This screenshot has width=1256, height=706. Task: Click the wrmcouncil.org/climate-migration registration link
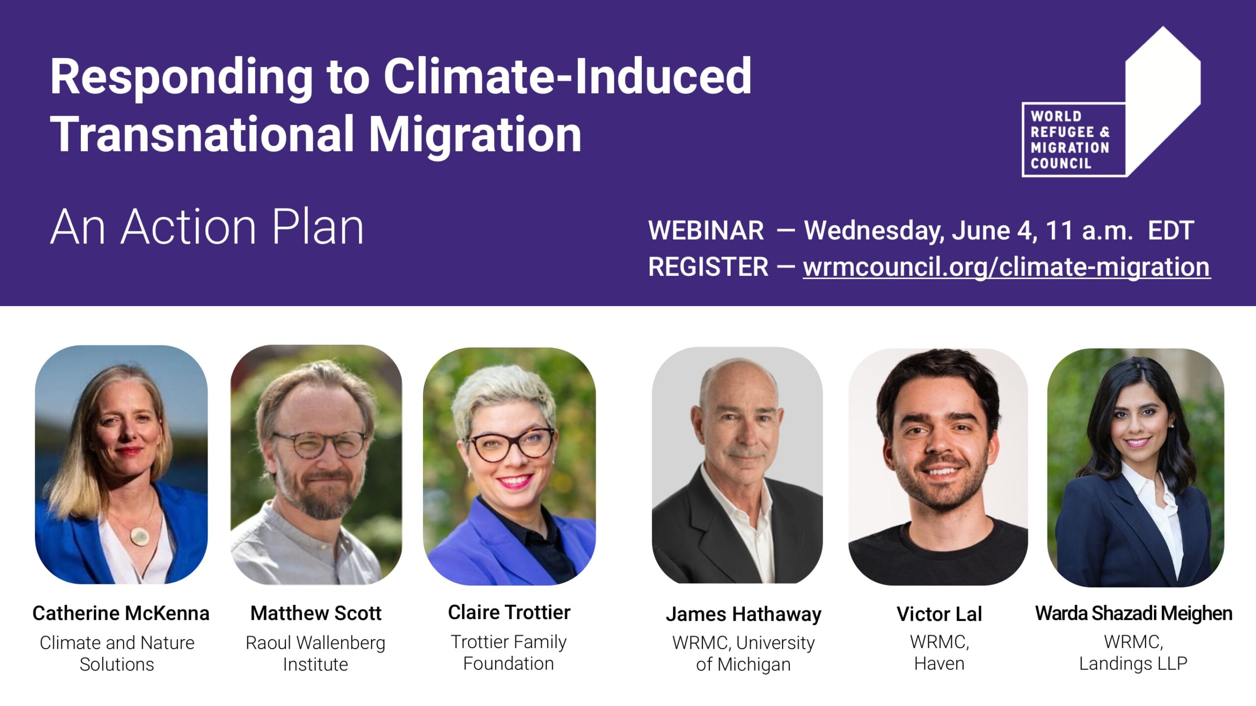pyautogui.click(x=1006, y=267)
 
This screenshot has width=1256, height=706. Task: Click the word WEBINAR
pyautogui.click(x=706, y=231)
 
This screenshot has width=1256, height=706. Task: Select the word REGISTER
pyautogui.click(x=708, y=267)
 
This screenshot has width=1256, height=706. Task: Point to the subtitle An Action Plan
pyautogui.click(x=207, y=227)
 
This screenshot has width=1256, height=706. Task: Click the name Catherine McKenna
pyautogui.click(x=121, y=613)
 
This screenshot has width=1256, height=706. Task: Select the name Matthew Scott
pyautogui.click(x=315, y=613)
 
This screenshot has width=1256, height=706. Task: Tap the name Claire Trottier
pyautogui.click(x=509, y=612)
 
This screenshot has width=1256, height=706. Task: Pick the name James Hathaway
pyautogui.click(x=743, y=615)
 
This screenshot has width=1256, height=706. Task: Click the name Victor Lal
pyautogui.click(x=939, y=614)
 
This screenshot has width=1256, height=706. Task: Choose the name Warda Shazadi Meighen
pyautogui.click(x=1133, y=614)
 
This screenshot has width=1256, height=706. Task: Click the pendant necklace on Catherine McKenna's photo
pyautogui.click(x=139, y=535)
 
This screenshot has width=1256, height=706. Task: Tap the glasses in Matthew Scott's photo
pyautogui.click(x=319, y=444)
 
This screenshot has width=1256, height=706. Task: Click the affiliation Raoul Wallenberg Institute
pyautogui.click(x=315, y=654)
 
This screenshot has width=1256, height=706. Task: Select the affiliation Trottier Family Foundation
pyautogui.click(x=509, y=653)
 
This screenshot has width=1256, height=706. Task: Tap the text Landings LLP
pyautogui.click(x=1133, y=664)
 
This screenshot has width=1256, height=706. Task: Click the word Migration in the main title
pyautogui.click(x=475, y=134)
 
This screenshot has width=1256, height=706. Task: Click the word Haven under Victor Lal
pyautogui.click(x=939, y=664)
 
